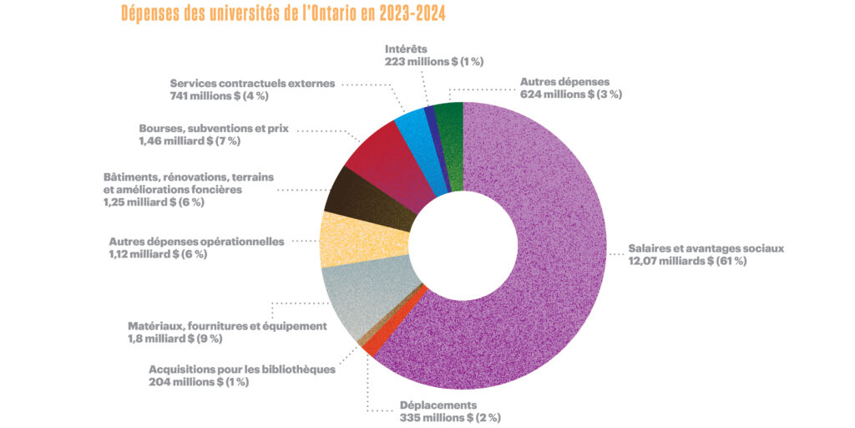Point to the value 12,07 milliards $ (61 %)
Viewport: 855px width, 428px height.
pos(687,261)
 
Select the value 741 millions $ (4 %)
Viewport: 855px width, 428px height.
pos(219,95)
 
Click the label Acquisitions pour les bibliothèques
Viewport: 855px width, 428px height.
pos(242,369)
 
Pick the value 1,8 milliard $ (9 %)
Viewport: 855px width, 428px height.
pos(175,339)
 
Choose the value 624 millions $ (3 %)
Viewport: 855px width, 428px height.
pos(571,94)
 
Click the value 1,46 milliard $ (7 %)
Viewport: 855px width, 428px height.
pos(189,141)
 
